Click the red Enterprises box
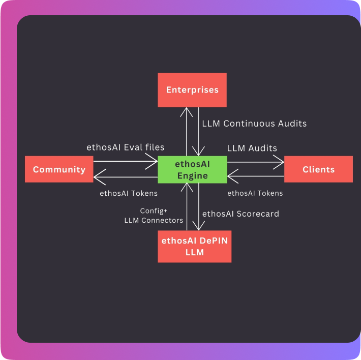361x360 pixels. [x=192, y=90]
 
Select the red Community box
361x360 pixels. [x=59, y=169]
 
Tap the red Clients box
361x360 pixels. [x=318, y=169]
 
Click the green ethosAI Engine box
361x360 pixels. [x=192, y=170]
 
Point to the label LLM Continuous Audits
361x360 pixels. [x=254, y=123]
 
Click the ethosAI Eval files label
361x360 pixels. [x=125, y=147]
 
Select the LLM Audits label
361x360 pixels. [x=252, y=148]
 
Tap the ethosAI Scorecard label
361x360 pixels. [x=240, y=214]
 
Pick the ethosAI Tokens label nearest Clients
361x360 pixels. [x=255, y=193]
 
